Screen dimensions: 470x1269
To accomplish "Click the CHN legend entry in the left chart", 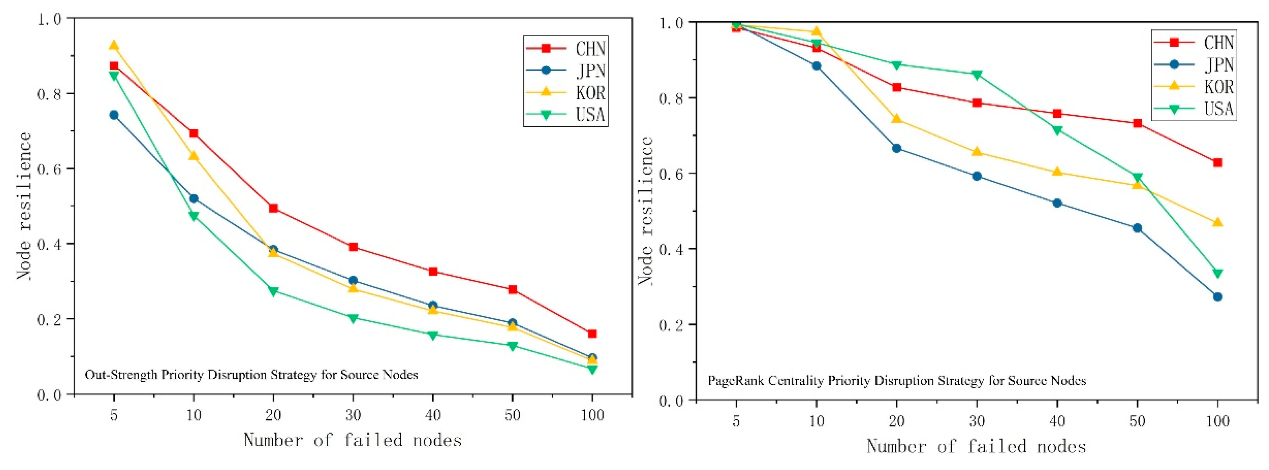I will click(567, 48).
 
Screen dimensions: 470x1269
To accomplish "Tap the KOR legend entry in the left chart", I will click(567, 92).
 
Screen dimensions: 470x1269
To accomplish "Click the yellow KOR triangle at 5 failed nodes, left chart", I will click(114, 46).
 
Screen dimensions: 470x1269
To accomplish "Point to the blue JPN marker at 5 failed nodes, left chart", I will click(114, 115).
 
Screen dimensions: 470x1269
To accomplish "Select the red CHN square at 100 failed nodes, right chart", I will click(1217, 163).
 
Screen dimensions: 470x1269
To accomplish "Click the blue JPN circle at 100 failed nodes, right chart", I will click(1217, 297).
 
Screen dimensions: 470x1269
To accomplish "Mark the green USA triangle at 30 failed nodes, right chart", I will click(977, 75).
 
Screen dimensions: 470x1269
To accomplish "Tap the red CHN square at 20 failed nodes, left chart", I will click(273, 208).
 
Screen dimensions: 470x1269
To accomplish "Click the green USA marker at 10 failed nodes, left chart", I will click(194, 216).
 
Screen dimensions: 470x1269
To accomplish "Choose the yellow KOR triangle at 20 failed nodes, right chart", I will click(897, 119).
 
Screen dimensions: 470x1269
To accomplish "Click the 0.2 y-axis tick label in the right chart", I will click(671, 325).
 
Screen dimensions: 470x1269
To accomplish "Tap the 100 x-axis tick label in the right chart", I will click(1217, 421).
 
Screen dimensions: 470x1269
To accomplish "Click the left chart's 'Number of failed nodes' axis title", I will click(353, 440).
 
